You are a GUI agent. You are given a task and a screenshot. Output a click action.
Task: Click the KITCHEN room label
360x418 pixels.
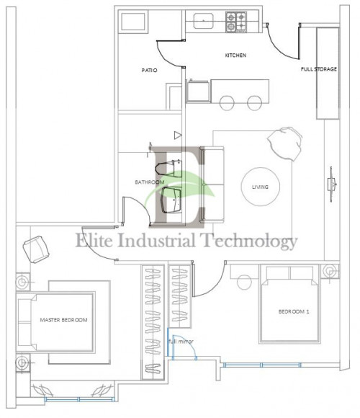click(x=235, y=55)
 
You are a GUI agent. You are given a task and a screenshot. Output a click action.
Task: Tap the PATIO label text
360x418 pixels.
click(x=149, y=71)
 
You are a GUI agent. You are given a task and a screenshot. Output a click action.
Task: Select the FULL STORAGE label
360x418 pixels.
click(x=319, y=69)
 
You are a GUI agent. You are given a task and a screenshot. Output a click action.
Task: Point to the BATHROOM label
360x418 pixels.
click(x=150, y=182)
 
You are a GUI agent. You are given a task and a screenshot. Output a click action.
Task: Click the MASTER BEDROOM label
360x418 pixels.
click(x=63, y=320)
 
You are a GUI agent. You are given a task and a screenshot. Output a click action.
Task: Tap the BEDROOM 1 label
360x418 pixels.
click(x=294, y=311)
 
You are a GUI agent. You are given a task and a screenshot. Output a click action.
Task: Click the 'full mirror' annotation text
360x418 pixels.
click(x=181, y=341)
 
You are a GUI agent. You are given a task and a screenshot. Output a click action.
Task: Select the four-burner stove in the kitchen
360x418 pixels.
click(x=236, y=22)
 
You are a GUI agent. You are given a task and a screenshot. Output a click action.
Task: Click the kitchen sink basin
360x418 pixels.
click(x=203, y=21)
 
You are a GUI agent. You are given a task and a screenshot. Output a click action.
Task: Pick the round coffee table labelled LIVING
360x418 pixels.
click(x=260, y=187)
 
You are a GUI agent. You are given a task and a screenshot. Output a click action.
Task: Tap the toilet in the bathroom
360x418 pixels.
click(x=168, y=169)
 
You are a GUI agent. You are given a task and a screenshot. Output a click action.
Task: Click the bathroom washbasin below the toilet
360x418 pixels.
click(x=171, y=200)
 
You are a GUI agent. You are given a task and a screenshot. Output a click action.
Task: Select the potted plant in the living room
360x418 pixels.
click(x=284, y=143)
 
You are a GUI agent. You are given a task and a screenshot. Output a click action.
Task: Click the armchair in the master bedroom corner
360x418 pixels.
click(x=36, y=249)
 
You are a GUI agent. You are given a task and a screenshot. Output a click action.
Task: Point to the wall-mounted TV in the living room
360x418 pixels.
click(x=331, y=184)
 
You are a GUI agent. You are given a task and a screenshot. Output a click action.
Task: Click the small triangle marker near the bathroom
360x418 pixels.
click(x=178, y=135)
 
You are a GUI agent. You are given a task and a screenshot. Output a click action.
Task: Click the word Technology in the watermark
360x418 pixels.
click(x=248, y=241)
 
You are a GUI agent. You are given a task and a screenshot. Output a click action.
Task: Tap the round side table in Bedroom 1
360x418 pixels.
click(x=244, y=282)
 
